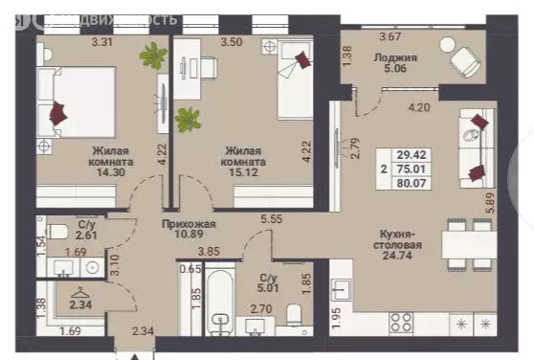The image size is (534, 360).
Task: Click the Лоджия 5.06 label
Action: [388, 62]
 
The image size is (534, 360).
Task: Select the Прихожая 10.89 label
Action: [189, 230]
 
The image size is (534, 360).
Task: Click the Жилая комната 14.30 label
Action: [113, 162]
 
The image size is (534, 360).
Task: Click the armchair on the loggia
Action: [466, 62]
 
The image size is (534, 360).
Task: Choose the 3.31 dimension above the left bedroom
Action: [102, 41]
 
